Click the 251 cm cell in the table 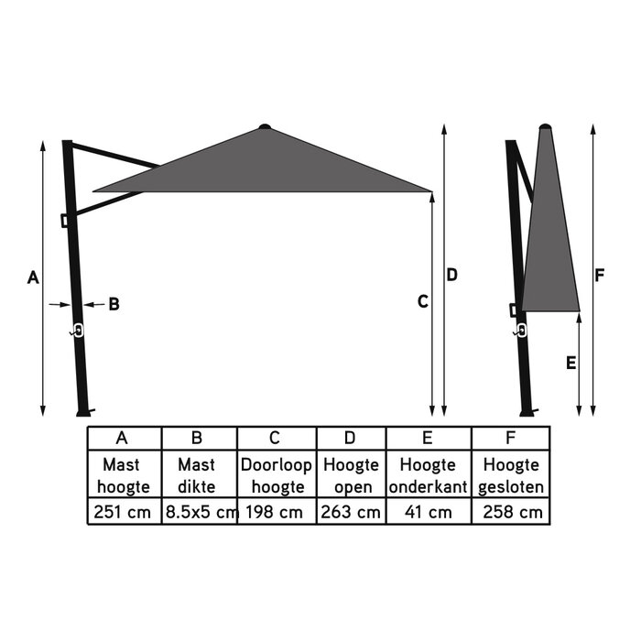pyautogui.click(x=124, y=512)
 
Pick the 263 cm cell pyautogui.click(x=353, y=512)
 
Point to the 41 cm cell pyautogui.click(x=429, y=512)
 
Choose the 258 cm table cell pyautogui.click(x=512, y=512)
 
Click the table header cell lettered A pyautogui.click(x=124, y=438)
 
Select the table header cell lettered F pyautogui.click(x=512, y=438)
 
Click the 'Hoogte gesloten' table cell pyautogui.click(x=512, y=475)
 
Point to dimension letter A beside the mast pyautogui.click(x=32, y=277)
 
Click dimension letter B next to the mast pyautogui.click(x=114, y=304)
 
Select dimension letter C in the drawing pyautogui.click(x=422, y=301)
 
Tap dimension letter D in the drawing pyautogui.click(x=451, y=275)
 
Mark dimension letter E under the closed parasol pyautogui.click(x=570, y=363)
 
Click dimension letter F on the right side pyautogui.click(x=600, y=275)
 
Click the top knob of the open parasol pyautogui.click(x=265, y=126)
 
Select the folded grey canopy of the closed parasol pyautogui.click(x=551, y=238)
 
